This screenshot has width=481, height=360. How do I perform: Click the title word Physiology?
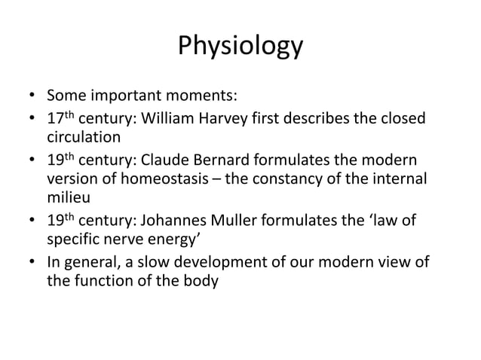(x=240, y=46)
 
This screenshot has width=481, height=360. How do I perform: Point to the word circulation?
(x=84, y=138)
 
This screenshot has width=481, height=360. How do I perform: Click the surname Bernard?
(x=242, y=160)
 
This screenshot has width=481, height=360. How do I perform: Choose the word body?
(x=201, y=282)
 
